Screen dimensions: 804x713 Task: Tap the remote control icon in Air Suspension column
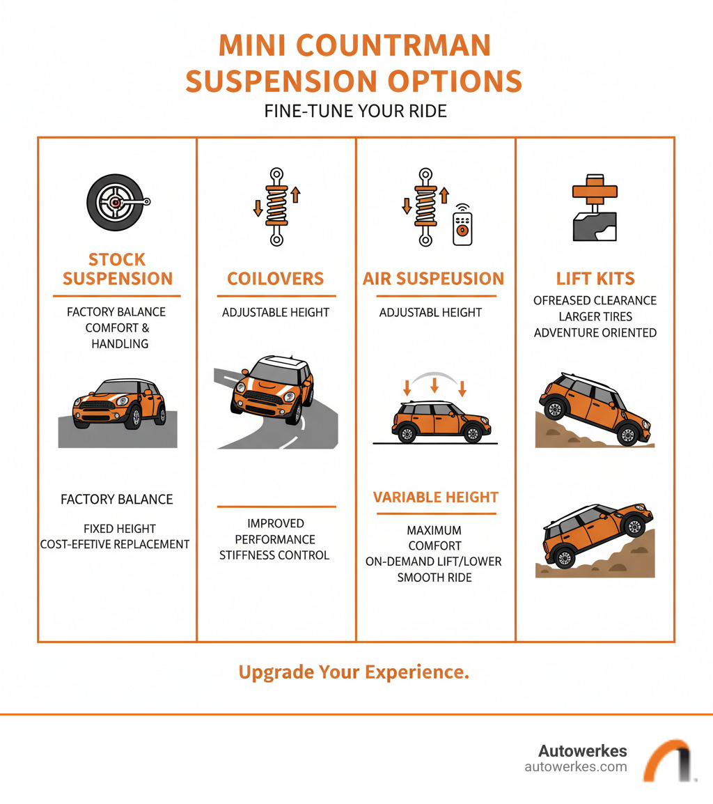coord(462,224)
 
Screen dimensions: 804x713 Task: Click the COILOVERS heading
coord(276,279)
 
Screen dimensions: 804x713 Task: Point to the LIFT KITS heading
coord(595,279)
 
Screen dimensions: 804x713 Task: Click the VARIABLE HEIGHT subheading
coord(436,497)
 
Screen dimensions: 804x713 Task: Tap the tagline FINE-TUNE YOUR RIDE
coord(356,111)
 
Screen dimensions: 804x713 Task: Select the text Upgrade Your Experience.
coord(354,672)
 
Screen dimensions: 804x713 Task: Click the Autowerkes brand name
coord(582,751)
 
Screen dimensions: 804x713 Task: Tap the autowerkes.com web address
coord(575,767)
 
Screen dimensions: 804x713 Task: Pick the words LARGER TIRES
coord(595,317)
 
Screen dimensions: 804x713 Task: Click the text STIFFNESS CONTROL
coord(274,556)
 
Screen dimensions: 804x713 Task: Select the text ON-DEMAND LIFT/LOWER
coord(434,562)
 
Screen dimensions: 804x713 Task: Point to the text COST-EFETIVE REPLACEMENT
coord(115,544)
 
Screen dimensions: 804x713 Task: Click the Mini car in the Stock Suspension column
coord(119,405)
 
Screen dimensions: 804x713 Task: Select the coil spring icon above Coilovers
coord(276,206)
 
